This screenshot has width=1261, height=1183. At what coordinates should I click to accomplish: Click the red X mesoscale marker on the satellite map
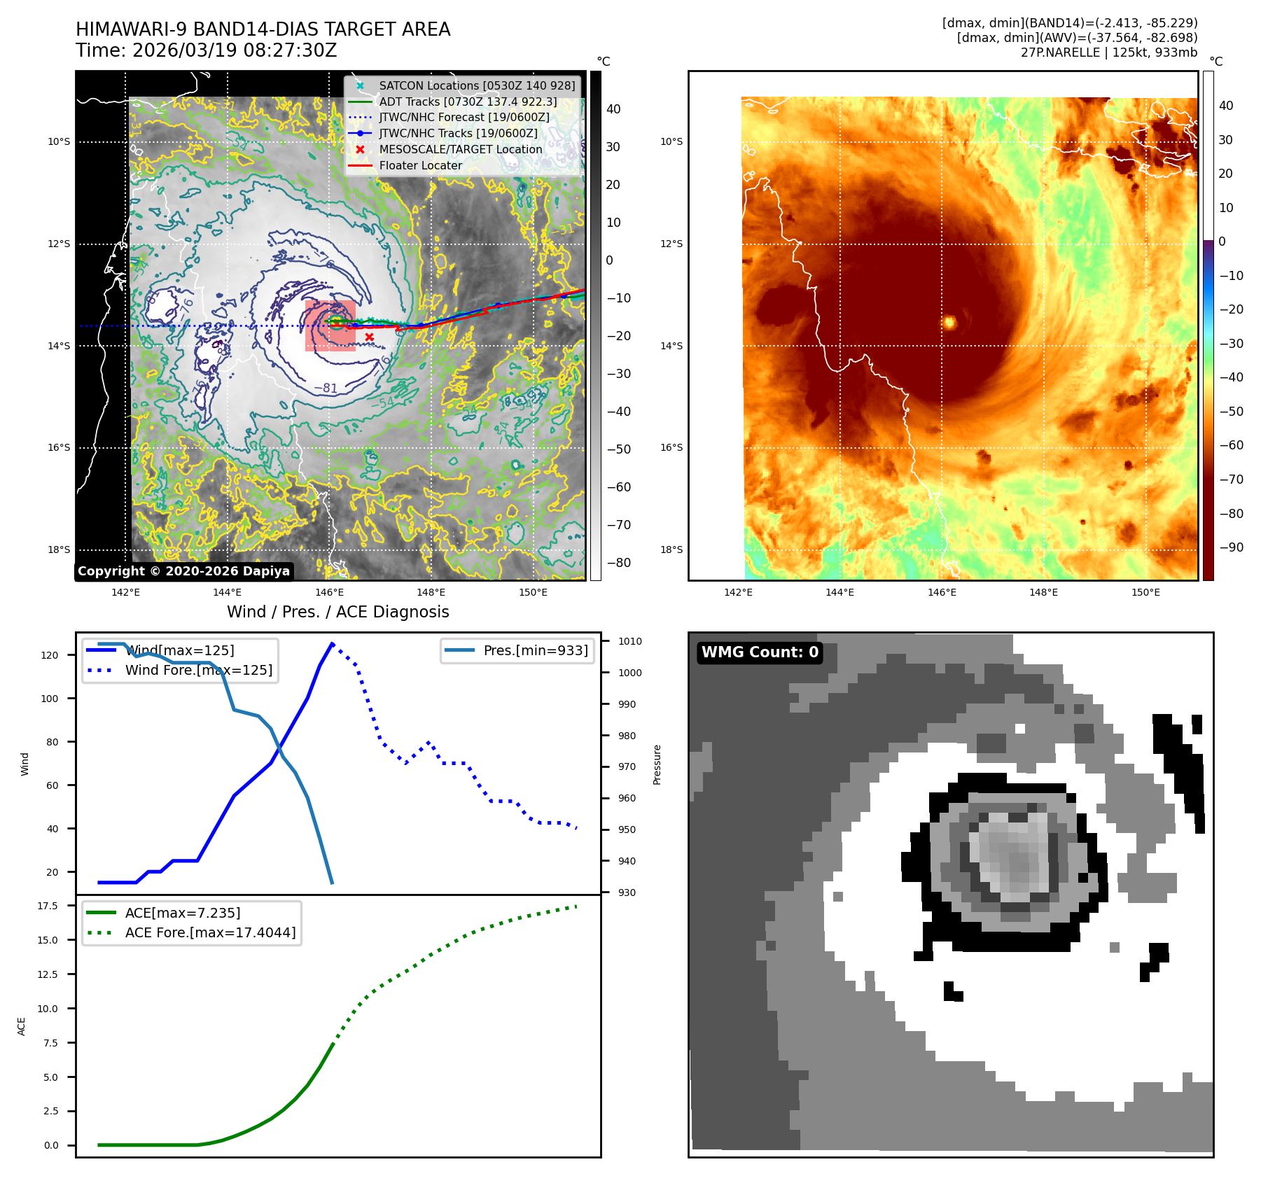(369, 337)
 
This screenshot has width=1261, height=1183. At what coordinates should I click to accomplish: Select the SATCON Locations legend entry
(476, 85)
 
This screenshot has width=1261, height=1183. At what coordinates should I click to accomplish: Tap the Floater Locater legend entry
(420, 165)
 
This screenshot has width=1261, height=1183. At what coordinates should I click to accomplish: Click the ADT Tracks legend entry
(467, 101)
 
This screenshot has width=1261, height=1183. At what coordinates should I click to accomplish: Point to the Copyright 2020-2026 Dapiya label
(183, 571)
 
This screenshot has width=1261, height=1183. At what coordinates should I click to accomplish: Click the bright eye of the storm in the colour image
(950, 322)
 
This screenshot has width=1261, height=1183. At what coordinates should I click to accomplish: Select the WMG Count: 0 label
(760, 652)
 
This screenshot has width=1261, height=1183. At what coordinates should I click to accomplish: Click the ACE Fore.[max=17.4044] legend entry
(210, 932)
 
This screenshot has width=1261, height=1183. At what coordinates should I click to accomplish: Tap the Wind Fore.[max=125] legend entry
(198, 670)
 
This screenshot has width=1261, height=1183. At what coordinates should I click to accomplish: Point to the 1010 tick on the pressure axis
(629, 641)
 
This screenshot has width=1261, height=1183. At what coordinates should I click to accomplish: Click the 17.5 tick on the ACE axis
(48, 906)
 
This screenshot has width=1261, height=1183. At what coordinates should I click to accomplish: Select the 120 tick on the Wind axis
(50, 655)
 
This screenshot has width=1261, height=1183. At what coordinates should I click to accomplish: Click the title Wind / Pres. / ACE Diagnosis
(337, 612)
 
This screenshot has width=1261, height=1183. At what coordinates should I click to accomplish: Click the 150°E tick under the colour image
(1145, 592)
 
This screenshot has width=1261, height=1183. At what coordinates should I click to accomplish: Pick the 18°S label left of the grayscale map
(59, 549)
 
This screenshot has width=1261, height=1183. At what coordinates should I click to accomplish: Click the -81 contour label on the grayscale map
(326, 388)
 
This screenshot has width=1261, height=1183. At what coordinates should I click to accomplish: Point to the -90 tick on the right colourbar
(1231, 547)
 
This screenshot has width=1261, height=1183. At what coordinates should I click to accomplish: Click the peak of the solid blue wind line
(332, 643)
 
